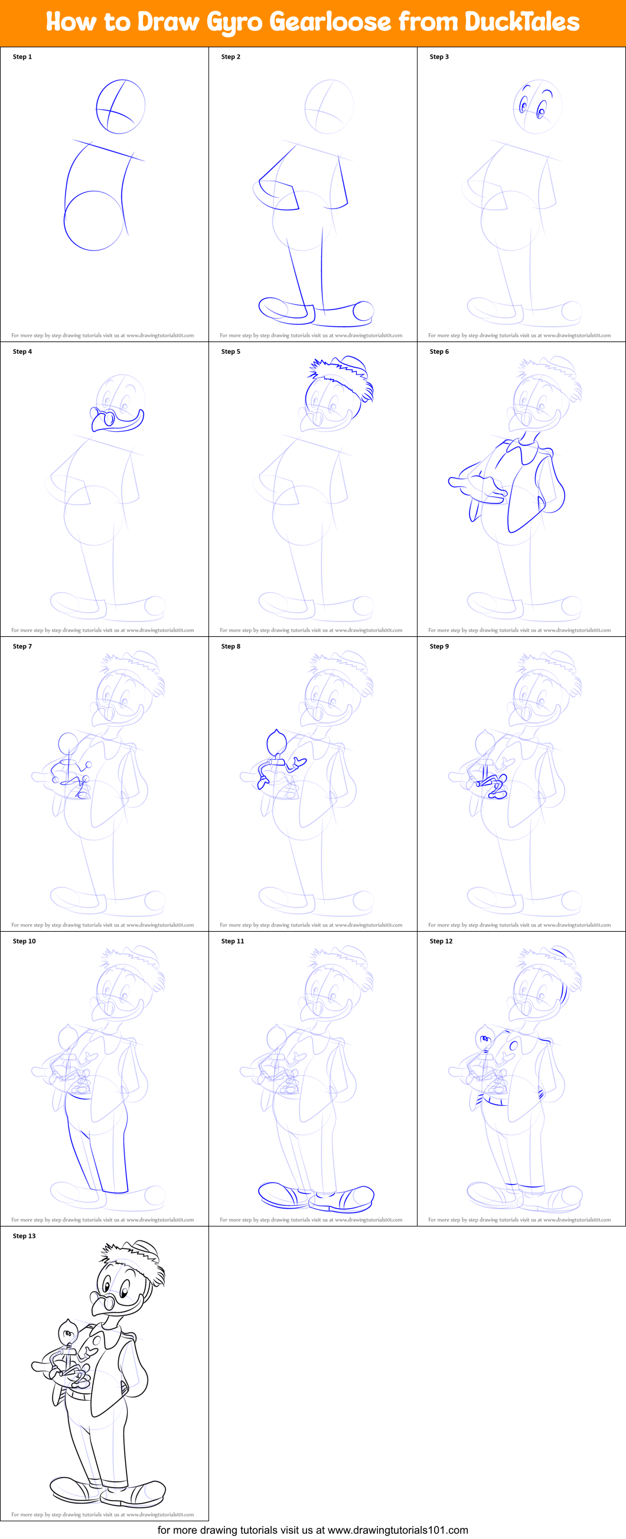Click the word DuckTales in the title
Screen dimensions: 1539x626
(521, 22)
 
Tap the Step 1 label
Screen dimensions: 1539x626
(22, 57)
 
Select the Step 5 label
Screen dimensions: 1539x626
(230, 352)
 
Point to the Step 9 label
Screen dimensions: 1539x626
(439, 646)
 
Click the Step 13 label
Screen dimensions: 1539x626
(24, 1236)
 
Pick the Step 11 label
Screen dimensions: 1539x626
(232, 941)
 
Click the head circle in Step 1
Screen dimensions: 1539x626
(120, 106)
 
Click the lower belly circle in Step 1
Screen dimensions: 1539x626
(93, 220)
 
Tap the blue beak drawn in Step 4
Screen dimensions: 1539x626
(119, 420)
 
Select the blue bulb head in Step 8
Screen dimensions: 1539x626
(276, 742)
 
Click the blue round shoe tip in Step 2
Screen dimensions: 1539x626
(363, 310)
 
